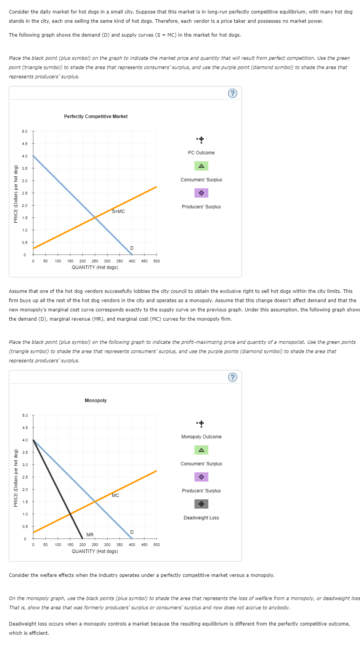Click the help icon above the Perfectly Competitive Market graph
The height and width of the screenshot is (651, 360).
(232, 93)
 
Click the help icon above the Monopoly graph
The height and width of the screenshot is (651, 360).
(232, 377)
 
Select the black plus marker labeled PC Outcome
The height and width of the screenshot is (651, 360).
(201, 139)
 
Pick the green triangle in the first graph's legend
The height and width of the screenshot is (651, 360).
(201, 166)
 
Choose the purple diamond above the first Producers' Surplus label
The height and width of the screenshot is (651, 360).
(201, 193)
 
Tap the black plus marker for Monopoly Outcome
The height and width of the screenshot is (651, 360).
(201, 423)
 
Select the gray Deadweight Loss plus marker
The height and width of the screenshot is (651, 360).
(201, 504)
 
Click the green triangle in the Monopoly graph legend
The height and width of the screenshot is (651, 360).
(201, 450)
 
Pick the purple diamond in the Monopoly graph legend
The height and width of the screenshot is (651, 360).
(201, 477)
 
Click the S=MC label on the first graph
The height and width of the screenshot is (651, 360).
(118, 211)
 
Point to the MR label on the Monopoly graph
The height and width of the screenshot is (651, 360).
(90, 534)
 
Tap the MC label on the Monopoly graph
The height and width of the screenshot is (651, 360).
(115, 495)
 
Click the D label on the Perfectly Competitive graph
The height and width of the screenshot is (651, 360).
(132, 248)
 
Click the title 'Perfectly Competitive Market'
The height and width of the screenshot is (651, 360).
(96, 117)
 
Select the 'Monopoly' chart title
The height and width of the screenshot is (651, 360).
(96, 401)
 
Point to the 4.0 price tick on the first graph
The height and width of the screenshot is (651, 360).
(25, 156)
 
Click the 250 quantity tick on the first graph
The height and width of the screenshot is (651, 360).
(95, 261)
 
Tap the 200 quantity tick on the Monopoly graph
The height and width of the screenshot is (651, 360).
(83, 545)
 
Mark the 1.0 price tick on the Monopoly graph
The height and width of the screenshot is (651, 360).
(25, 514)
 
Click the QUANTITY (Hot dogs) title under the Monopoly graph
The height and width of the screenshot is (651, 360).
(95, 551)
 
